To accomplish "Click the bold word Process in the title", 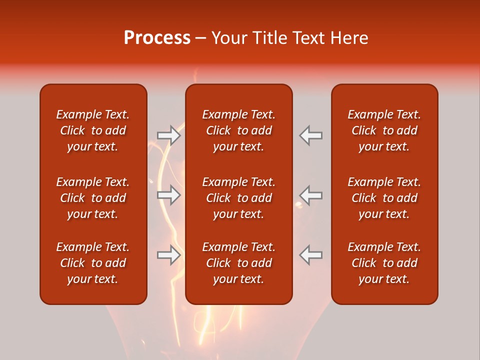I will pyautogui.click(x=157, y=38).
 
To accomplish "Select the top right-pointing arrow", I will pyautogui.click(x=168, y=135).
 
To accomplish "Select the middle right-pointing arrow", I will pyautogui.click(x=168, y=195).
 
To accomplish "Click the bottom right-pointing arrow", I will pyautogui.click(x=168, y=255).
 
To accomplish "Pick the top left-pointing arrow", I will pyautogui.click(x=310, y=135).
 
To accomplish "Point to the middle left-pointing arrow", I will pyautogui.click(x=310, y=195).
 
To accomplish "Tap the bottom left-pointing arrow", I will pyautogui.click(x=310, y=255).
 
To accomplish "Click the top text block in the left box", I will pyautogui.click(x=93, y=130).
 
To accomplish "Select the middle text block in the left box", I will pyautogui.click(x=93, y=198).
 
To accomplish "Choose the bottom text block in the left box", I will pyautogui.click(x=93, y=263).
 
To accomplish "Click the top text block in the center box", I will pyautogui.click(x=239, y=130).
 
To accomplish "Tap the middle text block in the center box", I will pyautogui.click(x=239, y=198).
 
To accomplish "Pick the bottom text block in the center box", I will pyautogui.click(x=239, y=263).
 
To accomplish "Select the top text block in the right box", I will pyautogui.click(x=384, y=130).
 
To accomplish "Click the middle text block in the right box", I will pyautogui.click(x=384, y=198).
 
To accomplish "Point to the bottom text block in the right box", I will pyautogui.click(x=384, y=263).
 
